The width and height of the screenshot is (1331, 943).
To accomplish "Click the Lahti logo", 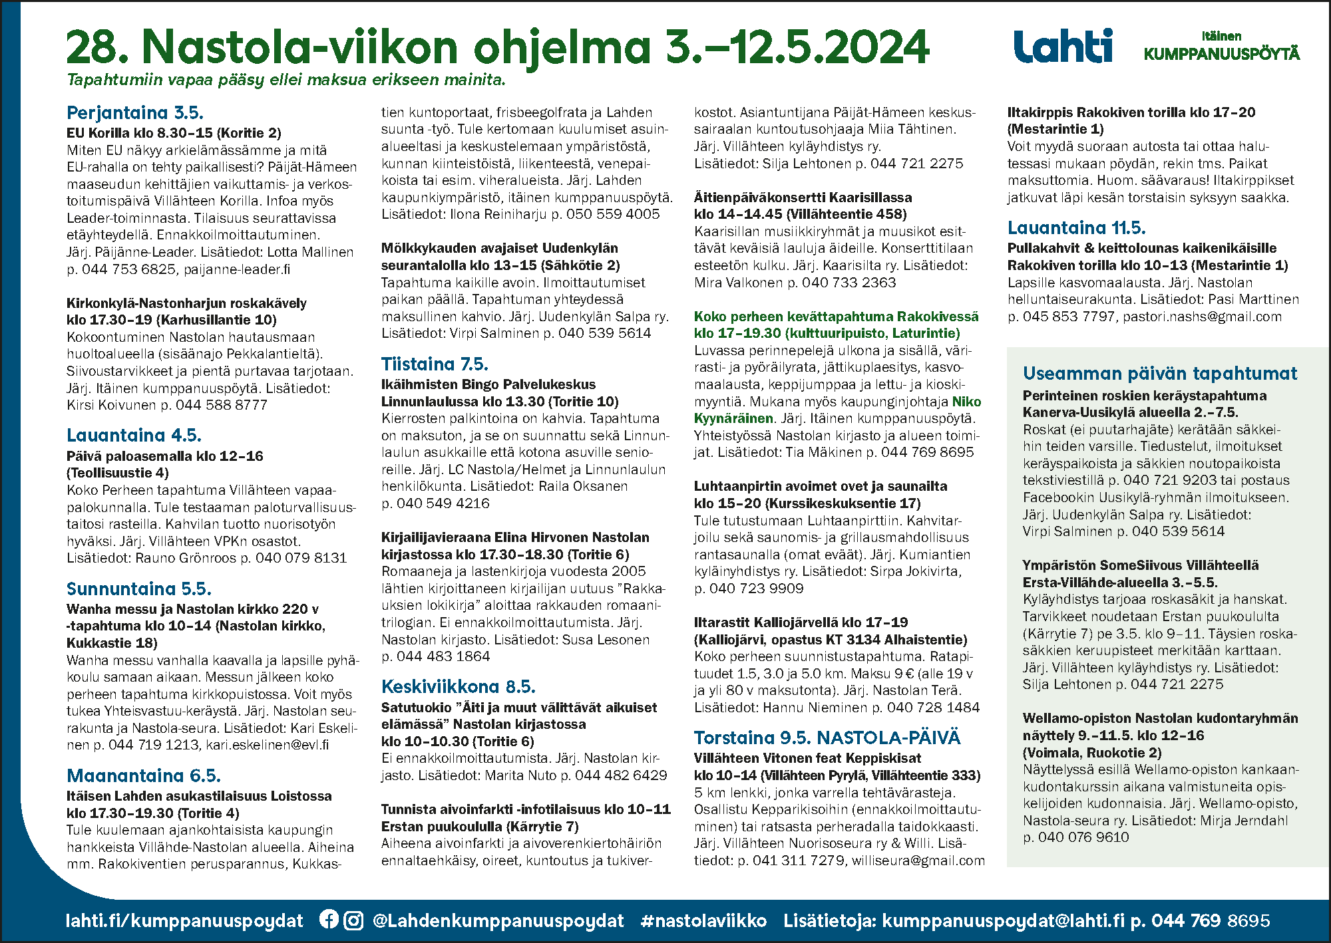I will click(x=1063, y=46).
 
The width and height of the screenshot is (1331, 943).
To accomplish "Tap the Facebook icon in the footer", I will click(x=329, y=919).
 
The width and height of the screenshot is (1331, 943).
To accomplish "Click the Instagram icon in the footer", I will click(x=353, y=920).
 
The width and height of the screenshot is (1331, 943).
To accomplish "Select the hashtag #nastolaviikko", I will click(x=703, y=920).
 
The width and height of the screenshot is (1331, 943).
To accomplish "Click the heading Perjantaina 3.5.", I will click(x=135, y=112).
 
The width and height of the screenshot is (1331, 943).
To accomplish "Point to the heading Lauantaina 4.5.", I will click(x=134, y=436).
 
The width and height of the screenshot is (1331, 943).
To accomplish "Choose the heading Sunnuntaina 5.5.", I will click(x=139, y=589).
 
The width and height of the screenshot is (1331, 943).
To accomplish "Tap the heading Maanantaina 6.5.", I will click(x=144, y=776).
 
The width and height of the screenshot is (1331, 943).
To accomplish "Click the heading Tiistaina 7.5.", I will click(x=435, y=364).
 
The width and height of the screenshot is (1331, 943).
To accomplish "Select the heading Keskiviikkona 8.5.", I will click(x=458, y=687).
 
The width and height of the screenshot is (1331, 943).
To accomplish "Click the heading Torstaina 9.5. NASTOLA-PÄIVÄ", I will click(x=827, y=738).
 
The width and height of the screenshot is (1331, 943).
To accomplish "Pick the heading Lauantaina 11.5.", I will click(x=1076, y=228).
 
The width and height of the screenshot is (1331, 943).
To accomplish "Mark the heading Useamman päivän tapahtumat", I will click(x=1160, y=374).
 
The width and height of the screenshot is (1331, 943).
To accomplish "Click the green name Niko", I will click(x=966, y=402).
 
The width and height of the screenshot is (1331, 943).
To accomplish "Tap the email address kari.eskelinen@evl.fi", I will click(x=268, y=745).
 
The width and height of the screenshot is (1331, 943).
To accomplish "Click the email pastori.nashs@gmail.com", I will click(x=1202, y=317).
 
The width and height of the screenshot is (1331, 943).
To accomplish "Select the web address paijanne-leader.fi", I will click(x=237, y=269).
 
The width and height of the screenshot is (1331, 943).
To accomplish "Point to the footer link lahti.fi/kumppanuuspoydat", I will click(x=184, y=920).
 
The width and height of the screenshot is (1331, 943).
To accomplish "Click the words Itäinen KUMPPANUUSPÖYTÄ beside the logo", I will click(x=1221, y=47).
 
